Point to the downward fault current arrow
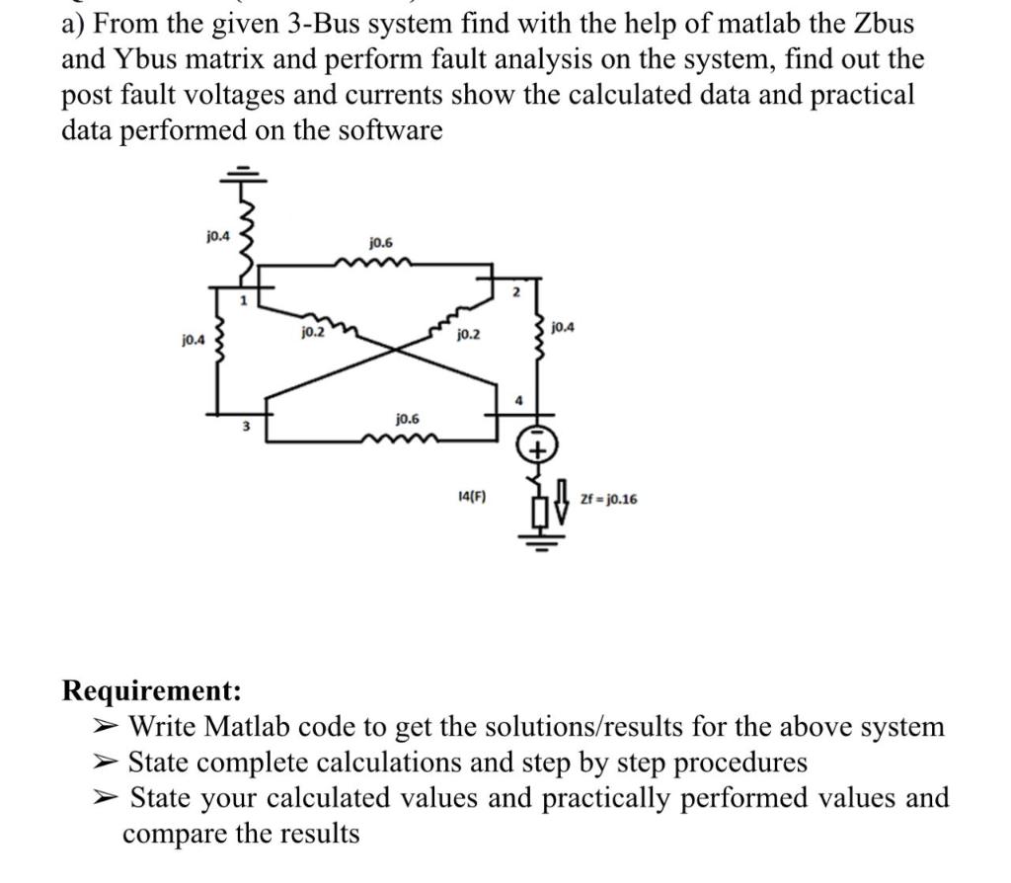[562, 500]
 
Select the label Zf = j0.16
[607, 500]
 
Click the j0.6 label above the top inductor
[381, 242]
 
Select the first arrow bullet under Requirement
[105, 728]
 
